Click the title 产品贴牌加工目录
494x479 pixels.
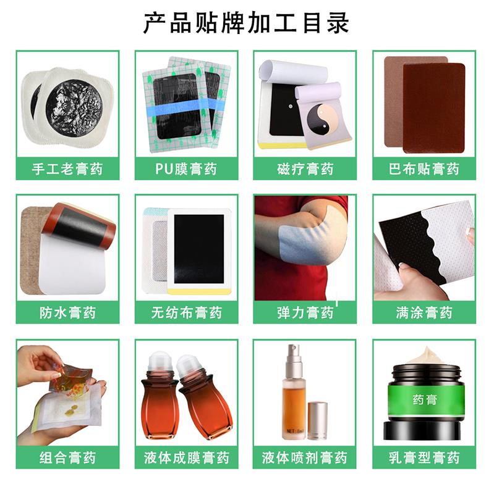(x=246, y=22)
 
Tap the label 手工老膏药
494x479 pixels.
(x=67, y=169)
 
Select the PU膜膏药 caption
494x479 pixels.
(x=186, y=169)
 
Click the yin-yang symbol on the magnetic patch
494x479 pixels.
(x=323, y=119)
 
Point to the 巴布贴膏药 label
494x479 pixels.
(x=424, y=169)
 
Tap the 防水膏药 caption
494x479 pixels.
(x=67, y=312)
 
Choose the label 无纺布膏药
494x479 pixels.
(x=186, y=312)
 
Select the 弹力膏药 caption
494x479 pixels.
(x=305, y=312)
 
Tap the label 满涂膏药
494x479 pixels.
(x=424, y=312)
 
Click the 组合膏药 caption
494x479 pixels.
(x=67, y=457)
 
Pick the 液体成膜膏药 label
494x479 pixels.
(x=186, y=457)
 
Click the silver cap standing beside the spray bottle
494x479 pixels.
(x=317, y=420)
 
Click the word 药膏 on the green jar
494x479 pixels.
(x=424, y=400)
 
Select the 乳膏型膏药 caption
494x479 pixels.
(x=424, y=457)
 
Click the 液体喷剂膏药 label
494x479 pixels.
(x=305, y=457)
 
